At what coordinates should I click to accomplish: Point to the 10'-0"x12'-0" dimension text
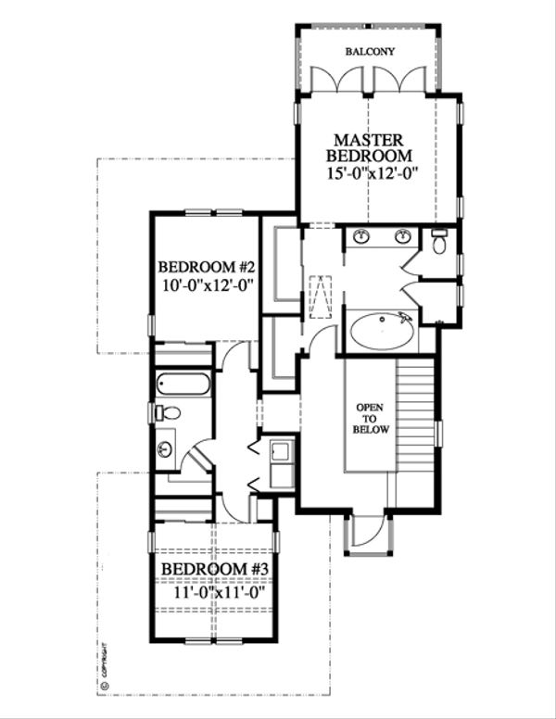206,287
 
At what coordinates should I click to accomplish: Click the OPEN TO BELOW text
370,420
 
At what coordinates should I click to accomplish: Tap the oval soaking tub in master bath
381,332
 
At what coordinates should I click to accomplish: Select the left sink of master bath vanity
361,237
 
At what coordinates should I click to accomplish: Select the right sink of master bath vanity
403,237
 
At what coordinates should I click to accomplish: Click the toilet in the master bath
440,244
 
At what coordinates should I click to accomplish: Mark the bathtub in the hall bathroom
183,383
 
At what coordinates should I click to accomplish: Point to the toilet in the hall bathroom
169,413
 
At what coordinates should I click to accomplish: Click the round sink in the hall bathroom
166,450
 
